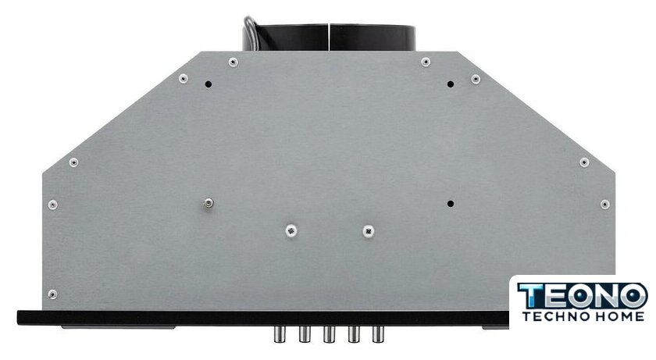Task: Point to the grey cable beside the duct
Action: point(251,34)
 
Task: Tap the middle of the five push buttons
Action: point(329,334)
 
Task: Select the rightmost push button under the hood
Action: point(378,334)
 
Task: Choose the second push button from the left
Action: point(304,334)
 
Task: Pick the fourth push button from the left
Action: point(354,334)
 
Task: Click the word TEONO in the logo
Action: point(583,296)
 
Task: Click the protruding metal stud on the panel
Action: point(208,204)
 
